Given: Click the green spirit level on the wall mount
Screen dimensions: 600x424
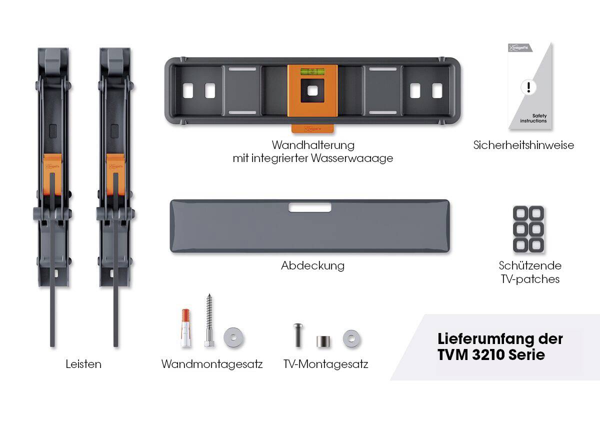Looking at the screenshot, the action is (312, 71).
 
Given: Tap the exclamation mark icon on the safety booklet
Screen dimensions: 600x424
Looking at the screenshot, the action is (528, 87).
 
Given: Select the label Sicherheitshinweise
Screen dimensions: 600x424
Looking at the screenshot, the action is (523, 145).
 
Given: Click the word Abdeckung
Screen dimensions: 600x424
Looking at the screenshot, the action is (313, 265).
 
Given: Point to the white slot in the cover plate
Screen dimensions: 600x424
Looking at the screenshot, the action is (310, 207).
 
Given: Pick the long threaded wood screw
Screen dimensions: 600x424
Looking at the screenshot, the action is (209, 320).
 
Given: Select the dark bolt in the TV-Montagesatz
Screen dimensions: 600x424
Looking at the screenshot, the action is (298, 335).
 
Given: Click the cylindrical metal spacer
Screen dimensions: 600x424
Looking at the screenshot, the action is (323, 341).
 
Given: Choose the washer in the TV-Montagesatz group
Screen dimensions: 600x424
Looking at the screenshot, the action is (351, 339).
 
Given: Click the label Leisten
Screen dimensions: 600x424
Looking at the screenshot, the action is (83, 364).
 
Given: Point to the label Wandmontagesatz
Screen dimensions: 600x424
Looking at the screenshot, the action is (212, 364).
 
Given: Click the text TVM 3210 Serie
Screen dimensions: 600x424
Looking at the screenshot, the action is (491, 354).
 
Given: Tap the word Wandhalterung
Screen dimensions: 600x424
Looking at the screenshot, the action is (313, 145).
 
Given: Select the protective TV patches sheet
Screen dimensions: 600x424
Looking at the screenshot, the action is (528, 229).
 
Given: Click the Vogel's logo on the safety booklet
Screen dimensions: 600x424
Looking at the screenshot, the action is (520, 47).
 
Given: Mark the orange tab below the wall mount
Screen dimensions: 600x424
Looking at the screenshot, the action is (312, 128).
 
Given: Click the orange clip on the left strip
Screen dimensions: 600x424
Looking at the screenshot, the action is (52, 174).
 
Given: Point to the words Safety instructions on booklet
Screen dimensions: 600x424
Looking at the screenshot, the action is (533, 118).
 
